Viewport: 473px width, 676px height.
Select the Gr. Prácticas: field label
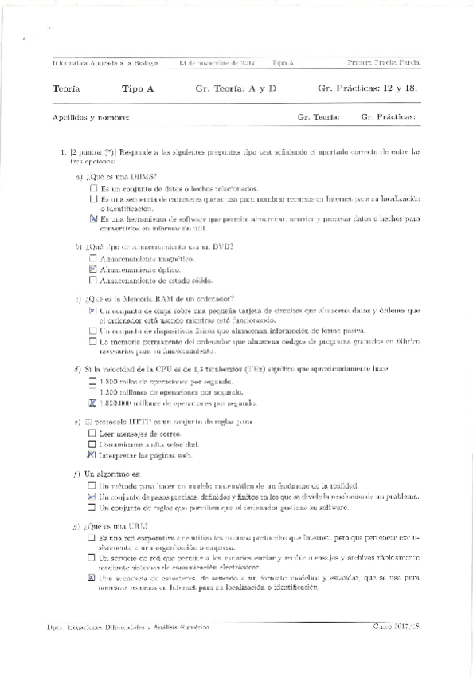coord(388,118)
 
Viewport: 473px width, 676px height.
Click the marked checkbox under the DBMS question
coord(93,218)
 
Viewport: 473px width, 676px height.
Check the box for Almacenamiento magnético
coord(93,259)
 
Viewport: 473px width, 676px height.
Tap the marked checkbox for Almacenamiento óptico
coord(93,270)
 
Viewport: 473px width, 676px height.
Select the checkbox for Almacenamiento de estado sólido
coord(93,281)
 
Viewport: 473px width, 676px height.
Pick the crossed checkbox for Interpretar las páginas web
coord(92,455)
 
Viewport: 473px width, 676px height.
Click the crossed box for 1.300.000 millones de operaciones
coord(92,403)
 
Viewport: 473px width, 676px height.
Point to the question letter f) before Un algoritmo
coord(76,474)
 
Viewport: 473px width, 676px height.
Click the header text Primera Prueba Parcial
coord(385,62)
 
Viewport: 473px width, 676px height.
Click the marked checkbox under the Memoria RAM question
coord(93,311)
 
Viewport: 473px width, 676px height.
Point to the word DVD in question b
coord(222,246)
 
